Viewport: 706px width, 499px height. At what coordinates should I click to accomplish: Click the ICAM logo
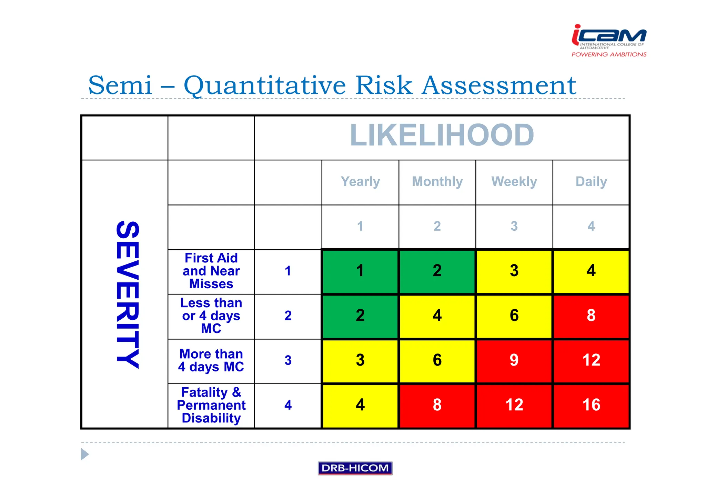point(609,40)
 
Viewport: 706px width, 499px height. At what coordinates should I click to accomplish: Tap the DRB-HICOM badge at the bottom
point(355,468)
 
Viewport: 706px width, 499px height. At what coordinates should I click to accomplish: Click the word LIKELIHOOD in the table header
point(442,136)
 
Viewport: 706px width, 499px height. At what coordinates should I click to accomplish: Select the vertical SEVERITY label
point(128,295)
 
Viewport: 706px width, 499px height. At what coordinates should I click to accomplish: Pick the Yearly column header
point(360,181)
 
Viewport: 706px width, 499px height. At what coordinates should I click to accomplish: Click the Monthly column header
point(437,181)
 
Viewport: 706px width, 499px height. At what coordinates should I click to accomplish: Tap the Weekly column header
point(514,181)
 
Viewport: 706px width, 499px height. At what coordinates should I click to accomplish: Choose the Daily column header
point(591,181)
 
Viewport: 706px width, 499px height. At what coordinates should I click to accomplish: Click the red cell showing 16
point(591,405)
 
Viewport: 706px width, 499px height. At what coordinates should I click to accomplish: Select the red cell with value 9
point(514,360)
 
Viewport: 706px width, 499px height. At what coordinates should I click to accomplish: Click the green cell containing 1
point(360,271)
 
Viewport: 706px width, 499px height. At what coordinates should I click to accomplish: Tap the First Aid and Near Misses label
point(211,271)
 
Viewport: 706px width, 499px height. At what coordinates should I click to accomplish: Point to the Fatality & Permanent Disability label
point(211,405)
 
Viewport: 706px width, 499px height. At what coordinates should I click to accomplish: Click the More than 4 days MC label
point(211,360)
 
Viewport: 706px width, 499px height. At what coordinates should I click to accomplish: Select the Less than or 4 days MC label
point(211,316)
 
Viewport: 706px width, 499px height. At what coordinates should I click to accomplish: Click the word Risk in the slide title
point(384,85)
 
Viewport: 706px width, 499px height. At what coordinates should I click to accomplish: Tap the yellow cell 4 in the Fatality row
point(360,405)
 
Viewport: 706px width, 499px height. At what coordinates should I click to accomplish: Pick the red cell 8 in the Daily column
point(591,316)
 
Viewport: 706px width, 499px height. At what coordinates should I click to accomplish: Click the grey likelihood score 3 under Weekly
point(514,227)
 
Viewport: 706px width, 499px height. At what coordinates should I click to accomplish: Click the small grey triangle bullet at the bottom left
point(84,454)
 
